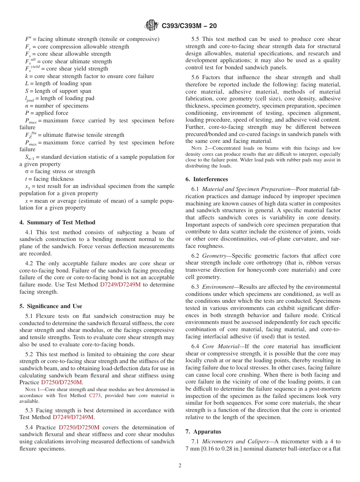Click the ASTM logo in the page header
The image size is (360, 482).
point(152,25)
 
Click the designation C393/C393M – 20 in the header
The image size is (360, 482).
point(189,26)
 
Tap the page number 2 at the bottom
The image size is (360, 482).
point(180,466)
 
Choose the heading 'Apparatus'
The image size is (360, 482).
point(207,432)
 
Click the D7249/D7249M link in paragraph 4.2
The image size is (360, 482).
point(120,285)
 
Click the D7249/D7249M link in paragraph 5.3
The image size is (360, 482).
point(73,417)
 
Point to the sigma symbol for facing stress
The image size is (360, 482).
point(27,172)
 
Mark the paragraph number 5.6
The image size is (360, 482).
point(196,77)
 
